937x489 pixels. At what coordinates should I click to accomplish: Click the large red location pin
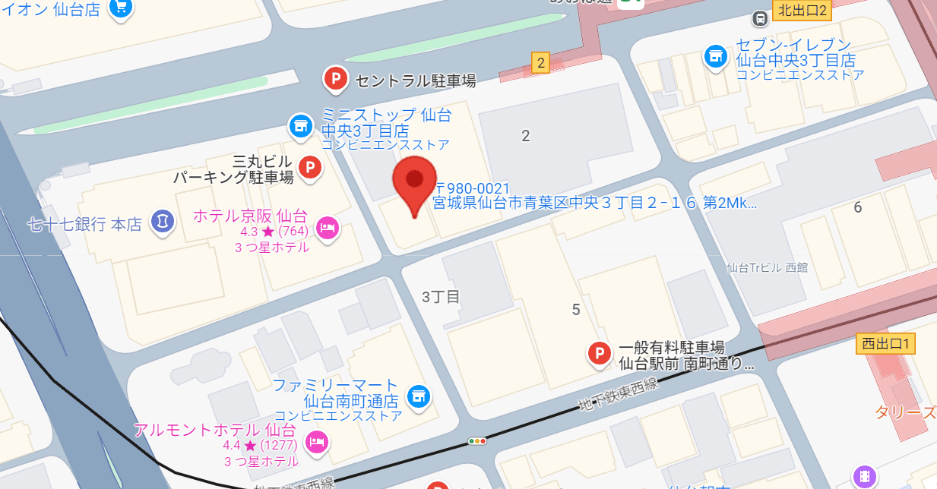pos(414,182)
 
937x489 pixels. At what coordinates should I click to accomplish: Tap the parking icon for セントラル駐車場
pos(336,78)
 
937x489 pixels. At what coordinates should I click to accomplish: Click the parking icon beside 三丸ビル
pos(309,167)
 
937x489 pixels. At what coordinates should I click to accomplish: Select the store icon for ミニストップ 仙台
pos(300,126)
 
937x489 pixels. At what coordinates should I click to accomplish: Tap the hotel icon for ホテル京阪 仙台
pos(328,227)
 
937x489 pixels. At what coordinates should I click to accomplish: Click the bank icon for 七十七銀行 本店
pos(161,222)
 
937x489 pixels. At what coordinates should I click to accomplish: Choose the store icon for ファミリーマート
pos(417,395)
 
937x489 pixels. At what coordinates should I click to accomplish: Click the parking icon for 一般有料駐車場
pos(600,353)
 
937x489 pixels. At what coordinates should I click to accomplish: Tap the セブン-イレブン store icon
pos(714,55)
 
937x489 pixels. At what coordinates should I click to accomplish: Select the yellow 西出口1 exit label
pos(885,343)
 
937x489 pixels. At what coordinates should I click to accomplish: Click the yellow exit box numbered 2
pos(540,64)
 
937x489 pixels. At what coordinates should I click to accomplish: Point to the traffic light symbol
pos(477,440)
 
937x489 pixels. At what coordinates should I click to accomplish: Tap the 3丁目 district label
pos(442,297)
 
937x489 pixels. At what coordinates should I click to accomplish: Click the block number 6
pos(858,207)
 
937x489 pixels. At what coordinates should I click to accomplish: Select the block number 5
pos(576,309)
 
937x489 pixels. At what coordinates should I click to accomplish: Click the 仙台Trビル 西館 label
pos(768,267)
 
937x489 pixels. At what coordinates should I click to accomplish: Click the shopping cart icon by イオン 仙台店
pos(120,8)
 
